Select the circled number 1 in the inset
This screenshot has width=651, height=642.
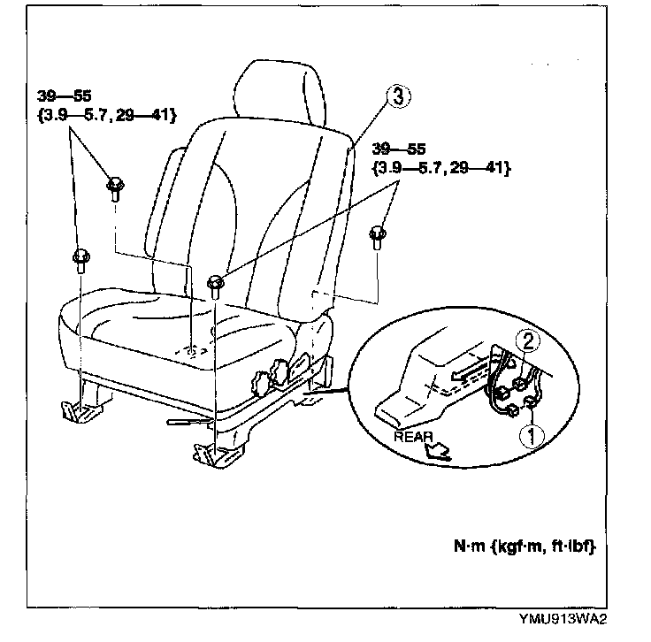531,434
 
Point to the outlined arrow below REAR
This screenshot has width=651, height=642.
437,454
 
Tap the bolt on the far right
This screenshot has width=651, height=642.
378,235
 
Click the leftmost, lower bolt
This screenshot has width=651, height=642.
80,259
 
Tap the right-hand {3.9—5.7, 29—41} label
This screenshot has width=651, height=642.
440,166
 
